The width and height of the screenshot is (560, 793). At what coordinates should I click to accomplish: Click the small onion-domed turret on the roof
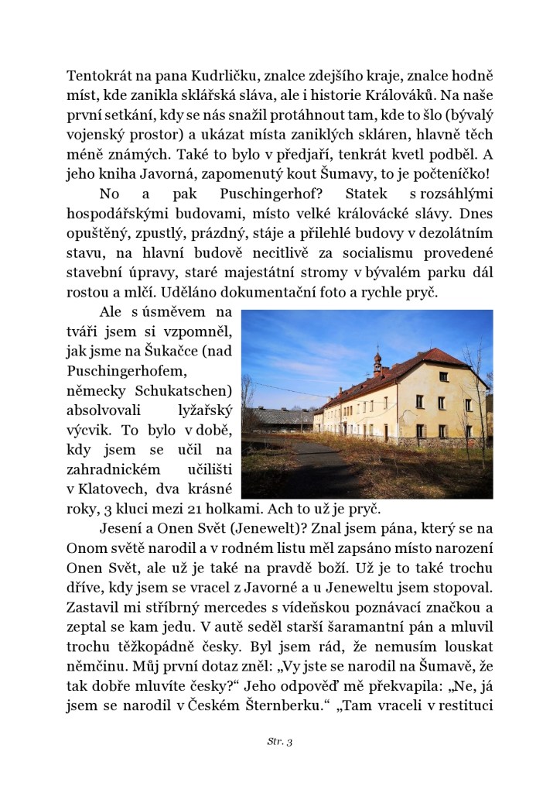[377, 362]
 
